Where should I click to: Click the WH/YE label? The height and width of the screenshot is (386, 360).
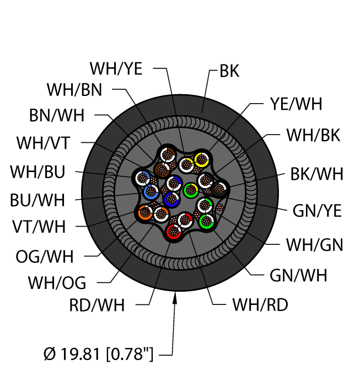[x=116, y=69]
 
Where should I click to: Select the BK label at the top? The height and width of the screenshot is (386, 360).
[x=229, y=72]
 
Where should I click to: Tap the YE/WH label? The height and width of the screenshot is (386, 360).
[x=295, y=104]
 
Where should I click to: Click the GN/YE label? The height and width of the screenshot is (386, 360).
[x=318, y=211]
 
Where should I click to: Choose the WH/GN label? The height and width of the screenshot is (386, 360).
[x=314, y=245]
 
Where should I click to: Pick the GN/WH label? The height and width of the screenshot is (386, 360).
[x=298, y=276]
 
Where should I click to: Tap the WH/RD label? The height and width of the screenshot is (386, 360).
[x=260, y=304]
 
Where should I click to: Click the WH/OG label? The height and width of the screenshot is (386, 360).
[x=57, y=283]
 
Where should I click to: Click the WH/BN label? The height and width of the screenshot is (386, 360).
[x=74, y=89]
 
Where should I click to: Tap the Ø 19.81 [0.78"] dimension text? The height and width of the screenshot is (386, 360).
[x=98, y=351]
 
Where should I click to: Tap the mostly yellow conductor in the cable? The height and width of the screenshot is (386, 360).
[x=202, y=159]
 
